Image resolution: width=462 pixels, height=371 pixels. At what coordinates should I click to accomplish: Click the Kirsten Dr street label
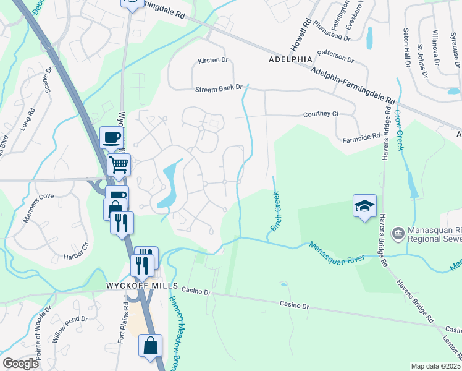(x=213, y=61)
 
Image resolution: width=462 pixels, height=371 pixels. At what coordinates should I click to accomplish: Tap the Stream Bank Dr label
(x=219, y=89)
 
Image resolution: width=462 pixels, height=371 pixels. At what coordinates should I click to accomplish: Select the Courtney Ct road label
(x=322, y=114)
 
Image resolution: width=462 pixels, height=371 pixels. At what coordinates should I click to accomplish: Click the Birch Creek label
(x=275, y=211)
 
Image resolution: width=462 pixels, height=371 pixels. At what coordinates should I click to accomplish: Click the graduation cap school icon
(x=364, y=206)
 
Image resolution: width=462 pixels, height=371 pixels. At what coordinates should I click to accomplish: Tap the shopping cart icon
(x=119, y=165)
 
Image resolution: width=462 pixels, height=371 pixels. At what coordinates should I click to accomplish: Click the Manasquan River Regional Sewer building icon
(x=398, y=233)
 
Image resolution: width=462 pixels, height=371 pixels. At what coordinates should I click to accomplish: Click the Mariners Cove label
(x=39, y=197)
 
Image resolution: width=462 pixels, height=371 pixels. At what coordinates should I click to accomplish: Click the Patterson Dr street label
(x=334, y=57)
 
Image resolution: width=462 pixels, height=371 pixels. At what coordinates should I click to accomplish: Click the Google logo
(x=20, y=364)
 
